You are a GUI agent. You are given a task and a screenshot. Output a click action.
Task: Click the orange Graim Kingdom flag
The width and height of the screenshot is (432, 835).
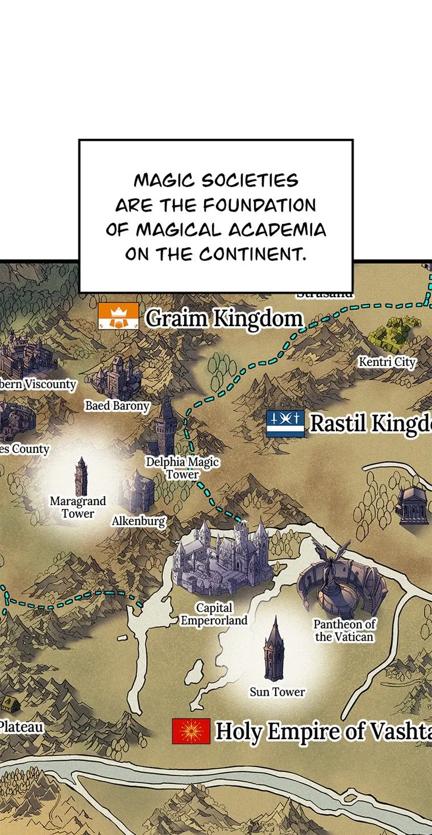click(118, 316)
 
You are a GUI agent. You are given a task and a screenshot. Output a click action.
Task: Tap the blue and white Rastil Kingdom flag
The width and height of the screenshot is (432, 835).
click(285, 423)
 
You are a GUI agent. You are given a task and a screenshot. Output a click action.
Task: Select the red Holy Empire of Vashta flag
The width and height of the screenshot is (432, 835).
click(191, 731)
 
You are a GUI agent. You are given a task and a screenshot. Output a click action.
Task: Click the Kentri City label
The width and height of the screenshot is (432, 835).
click(387, 362)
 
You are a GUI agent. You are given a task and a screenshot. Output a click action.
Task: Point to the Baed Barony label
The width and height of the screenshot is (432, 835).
click(117, 406)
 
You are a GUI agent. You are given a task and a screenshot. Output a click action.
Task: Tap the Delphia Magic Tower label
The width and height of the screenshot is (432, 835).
click(182, 468)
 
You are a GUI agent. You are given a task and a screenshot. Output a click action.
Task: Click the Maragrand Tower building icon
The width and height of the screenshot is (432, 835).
click(81, 476)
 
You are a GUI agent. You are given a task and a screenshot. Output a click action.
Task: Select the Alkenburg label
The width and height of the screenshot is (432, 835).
click(138, 521)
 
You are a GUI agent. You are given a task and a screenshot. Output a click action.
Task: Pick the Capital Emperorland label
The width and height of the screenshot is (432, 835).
click(214, 614)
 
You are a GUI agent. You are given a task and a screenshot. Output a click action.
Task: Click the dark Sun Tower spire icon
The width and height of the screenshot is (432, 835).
click(274, 651)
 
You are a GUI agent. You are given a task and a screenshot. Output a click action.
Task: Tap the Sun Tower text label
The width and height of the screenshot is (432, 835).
click(277, 692)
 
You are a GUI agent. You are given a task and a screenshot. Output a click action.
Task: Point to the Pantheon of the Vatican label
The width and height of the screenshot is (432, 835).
click(344, 630)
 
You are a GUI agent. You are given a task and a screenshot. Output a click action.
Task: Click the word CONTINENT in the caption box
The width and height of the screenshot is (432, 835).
click(252, 254)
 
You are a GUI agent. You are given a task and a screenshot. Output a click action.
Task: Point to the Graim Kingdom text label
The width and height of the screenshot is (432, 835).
click(224, 318)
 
